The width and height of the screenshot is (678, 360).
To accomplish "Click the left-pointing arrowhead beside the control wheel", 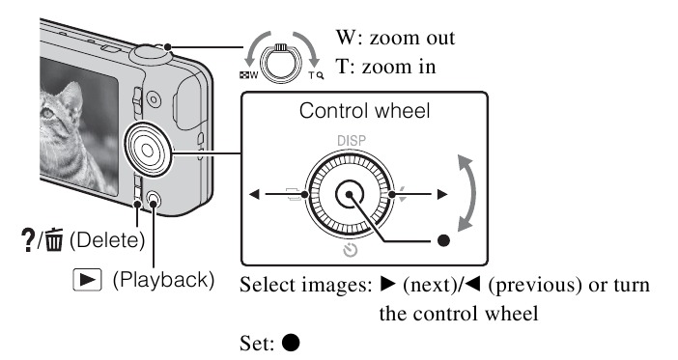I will (x=254, y=195).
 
